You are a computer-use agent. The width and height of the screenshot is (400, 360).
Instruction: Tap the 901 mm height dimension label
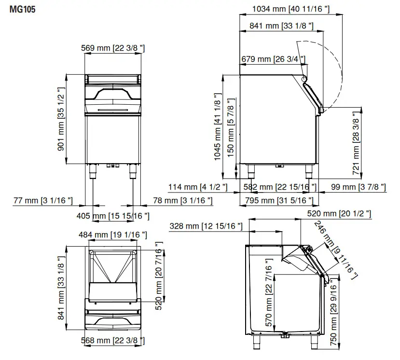(61, 119)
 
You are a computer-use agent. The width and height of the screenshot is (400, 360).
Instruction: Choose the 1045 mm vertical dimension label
(218, 126)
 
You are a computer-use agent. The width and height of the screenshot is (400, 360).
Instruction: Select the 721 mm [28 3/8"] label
(356, 140)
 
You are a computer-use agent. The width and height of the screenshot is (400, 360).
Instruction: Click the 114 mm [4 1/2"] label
(198, 187)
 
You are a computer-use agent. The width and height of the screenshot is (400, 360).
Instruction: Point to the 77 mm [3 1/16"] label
(43, 200)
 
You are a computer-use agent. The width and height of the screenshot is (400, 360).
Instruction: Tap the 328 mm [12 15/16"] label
(205, 226)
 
